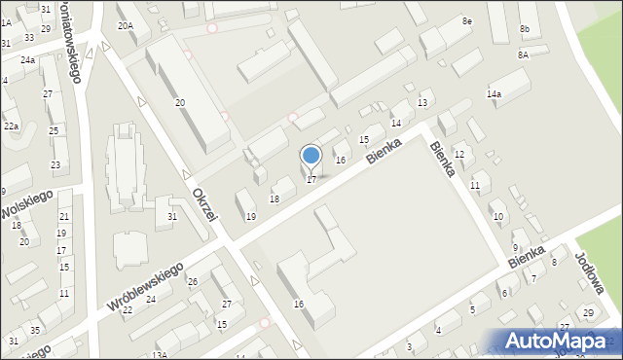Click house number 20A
tap(126, 26)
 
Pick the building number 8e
tap(467, 21)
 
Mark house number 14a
tap(494, 94)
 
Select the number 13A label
tap(158, 355)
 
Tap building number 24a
tap(28, 60)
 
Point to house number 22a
tap(11, 126)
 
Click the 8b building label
tap(524, 30)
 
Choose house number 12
tap(459, 155)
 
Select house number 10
tap(497, 216)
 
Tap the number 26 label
tap(193, 282)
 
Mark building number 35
tap(35, 331)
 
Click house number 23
tap(55, 165)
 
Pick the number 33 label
tap(29, 38)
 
